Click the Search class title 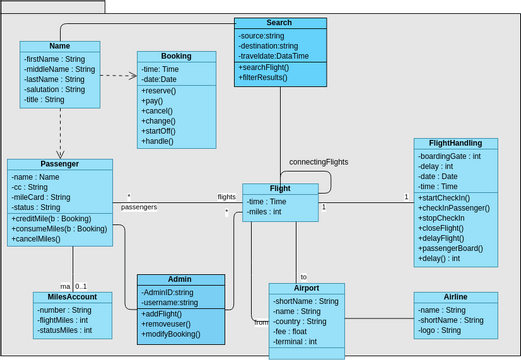(x=280, y=23)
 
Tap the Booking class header (x=177, y=57)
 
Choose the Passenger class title (x=59, y=164)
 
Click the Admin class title (x=181, y=280)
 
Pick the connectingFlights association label (x=318, y=161)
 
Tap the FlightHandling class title (x=455, y=143)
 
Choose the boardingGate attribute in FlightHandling (x=450, y=155)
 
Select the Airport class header (x=306, y=288)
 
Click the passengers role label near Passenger (x=139, y=207)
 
